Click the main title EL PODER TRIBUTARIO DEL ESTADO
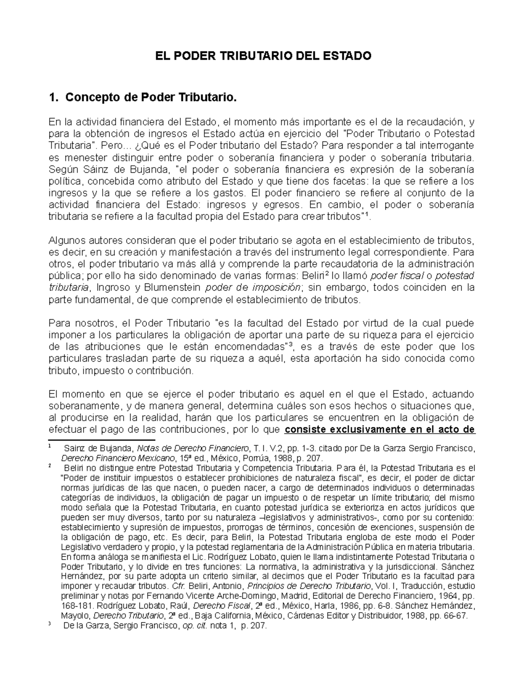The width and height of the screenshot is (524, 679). (x=262, y=56)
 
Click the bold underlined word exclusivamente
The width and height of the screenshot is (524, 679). (x=366, y=429)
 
